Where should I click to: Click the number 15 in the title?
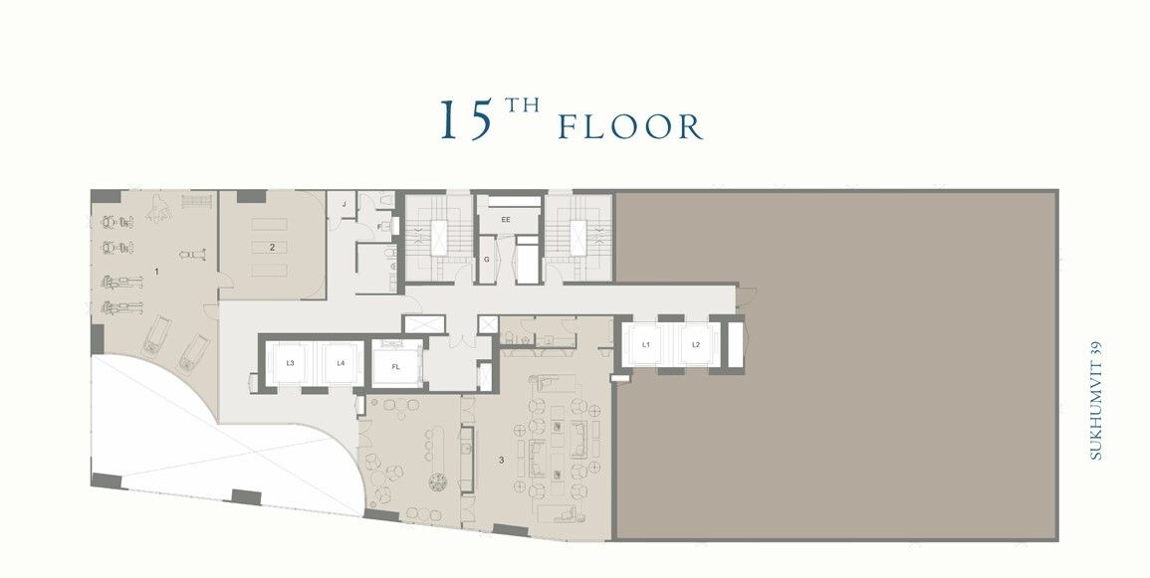(x=467, y=120)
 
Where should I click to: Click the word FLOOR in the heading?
(x=630, y=127)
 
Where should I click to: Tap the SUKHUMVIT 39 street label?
(x=1096, y=400)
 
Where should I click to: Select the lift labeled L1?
(x=646, y=344)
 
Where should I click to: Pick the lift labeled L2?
(x=696, y=344)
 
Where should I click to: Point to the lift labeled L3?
(x=290, y=363)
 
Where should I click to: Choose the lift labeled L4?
(x=341, y=363)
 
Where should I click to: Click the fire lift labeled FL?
(x=395, y=366)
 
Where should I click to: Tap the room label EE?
(x=506, y=219)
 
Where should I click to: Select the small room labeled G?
(x=487, y=260)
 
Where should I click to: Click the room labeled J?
(x=344, y=205)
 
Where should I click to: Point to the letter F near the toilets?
(x=383, y=227)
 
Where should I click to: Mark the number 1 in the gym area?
(x=157, y=271)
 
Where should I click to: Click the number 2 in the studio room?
(x=271, y=245)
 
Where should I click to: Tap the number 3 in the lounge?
(x=501, y=460)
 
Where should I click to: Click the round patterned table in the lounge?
(x=438, y=482)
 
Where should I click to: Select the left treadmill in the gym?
(x=156, y=335)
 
